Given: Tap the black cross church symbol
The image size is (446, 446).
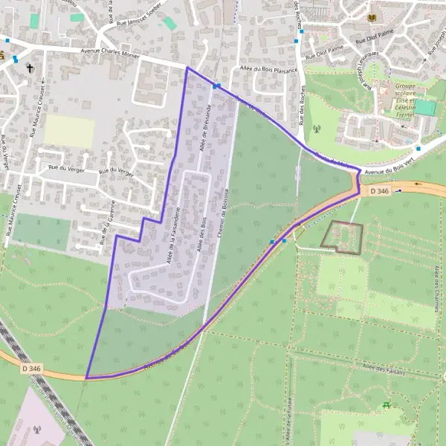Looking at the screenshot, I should tap(30, 69).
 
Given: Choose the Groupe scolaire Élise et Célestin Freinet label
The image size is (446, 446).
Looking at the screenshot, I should tap(405, 99).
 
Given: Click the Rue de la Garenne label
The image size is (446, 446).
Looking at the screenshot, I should tap(108, 222).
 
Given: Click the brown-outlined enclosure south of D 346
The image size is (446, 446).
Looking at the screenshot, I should tap(341, 237).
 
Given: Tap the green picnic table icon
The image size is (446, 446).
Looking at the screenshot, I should tap(386, 404).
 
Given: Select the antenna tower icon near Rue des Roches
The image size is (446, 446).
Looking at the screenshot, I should tap(315, 128).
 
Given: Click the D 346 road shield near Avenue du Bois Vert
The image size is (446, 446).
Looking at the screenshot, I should tap(378, 191).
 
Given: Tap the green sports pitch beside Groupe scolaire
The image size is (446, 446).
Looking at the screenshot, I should tap(424, 108).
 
